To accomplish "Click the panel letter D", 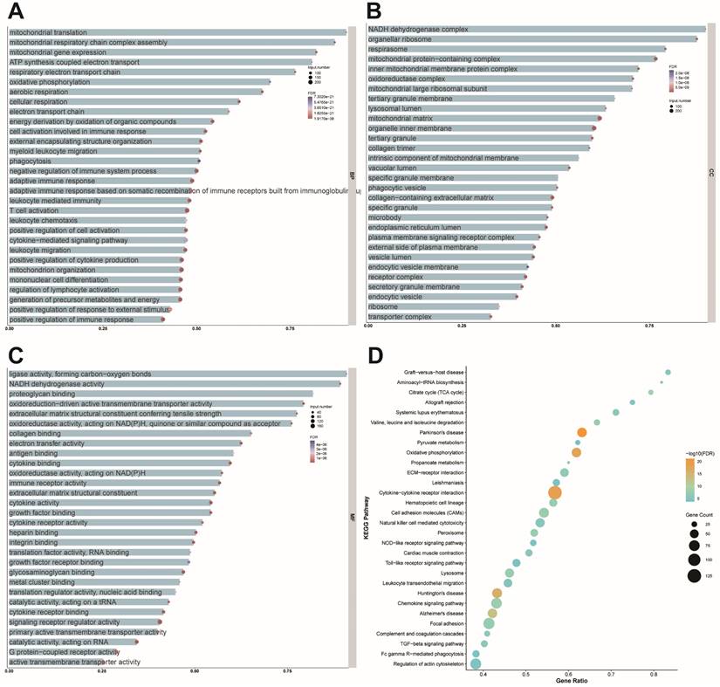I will pos(375,356).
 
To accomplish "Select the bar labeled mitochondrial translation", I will pos(175,32).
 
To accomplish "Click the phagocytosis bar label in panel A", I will pos(31,161).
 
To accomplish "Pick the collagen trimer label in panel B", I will pos(394,148).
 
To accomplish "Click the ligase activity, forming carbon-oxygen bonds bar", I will pos(175,374).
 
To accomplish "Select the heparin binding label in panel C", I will pos(34,532).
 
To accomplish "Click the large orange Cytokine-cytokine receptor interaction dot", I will pos(554,492).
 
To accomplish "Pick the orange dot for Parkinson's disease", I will pos(557,432).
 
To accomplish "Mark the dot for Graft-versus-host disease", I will pos(668,373).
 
